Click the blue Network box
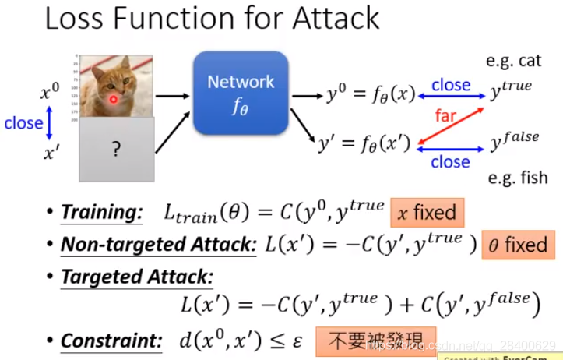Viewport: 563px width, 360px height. pyautogui.click(x=241, y=93)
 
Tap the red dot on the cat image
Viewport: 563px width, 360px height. pyautogui.click(x=114, y=100)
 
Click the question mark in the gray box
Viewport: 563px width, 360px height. pyautogui.click(x=117, y=149)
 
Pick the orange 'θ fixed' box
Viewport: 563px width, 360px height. pyautogui.click(x=518, y=245)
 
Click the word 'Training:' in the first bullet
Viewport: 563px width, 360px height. pyautogui.click(x=102, y=212)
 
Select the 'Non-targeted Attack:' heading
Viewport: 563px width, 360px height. pyautogui.click(x=159, y=245)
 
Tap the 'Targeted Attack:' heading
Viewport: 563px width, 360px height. pyautogui.click(x=137, y=277)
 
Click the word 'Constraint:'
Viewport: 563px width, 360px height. pyautogui.click(x=111, y=341)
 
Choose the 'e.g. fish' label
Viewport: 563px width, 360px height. pyautogui.click(x=517, y=178)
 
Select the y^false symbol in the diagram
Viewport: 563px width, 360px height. pyautogui.click(x=515, y=141)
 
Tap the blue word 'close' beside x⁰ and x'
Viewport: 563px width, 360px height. pyautogui.click(x=23, y=123)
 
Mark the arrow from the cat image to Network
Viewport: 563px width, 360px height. pyautogui.click(x=173, y=97)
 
